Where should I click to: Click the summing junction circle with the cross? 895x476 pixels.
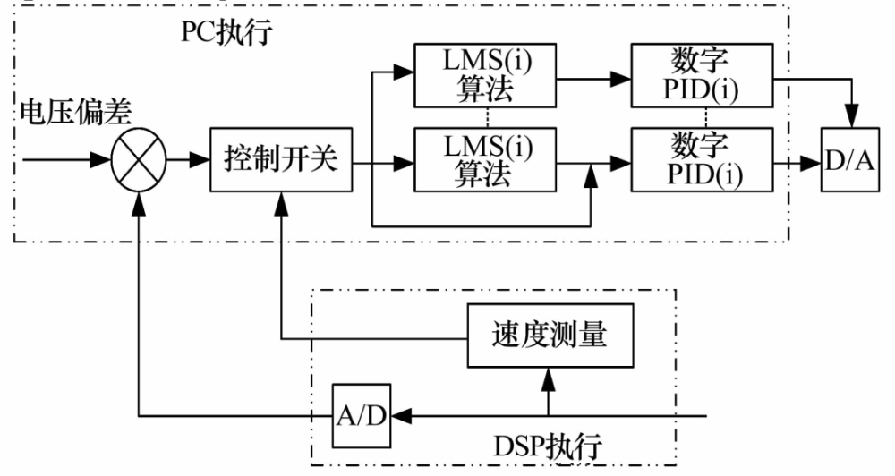coord(138,162)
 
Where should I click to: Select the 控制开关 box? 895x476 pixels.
coord(281,162)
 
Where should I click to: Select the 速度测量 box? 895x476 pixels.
coord(549,335)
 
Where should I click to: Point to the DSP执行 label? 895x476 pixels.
coord(548,446)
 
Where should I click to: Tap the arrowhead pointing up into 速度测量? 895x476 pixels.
coord(550,377)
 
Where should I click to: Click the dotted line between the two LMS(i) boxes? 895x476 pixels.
coord(483,118)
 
